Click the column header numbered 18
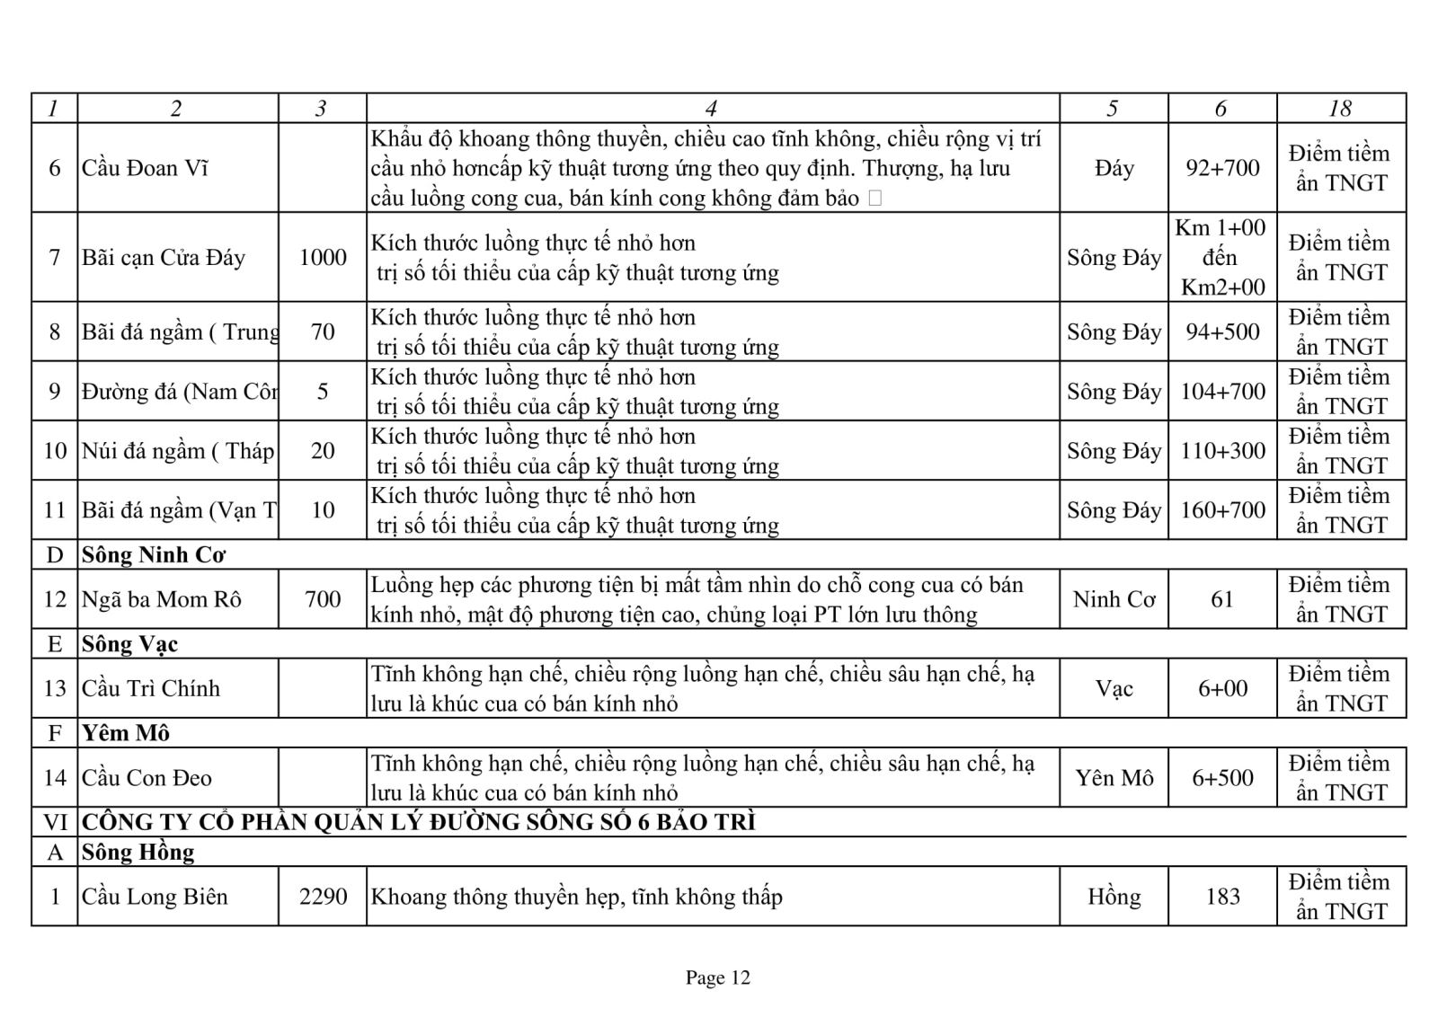click(1340, 109)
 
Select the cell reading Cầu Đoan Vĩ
click(145, 168)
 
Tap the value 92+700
click(1222, 168)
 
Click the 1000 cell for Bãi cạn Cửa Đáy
click(323, 258)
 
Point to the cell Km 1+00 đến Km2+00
click(1221, 257)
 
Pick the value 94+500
click(1222, 332)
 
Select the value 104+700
click(1222, 391)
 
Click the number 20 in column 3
click(323, 450)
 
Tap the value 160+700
click(1222, 510)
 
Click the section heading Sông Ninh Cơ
click(154, 555)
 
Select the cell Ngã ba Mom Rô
click(162, 599)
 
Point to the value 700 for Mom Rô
click(323, 599)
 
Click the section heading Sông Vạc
click(130, 644)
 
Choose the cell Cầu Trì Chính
click(151, 689)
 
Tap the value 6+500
click(1222, 778)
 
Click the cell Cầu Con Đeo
click(147, 778)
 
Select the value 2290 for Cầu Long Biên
click(323, 897)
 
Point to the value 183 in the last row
click(1222, 897)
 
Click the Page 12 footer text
click(717, 977)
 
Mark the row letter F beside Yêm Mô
click(55, 733)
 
